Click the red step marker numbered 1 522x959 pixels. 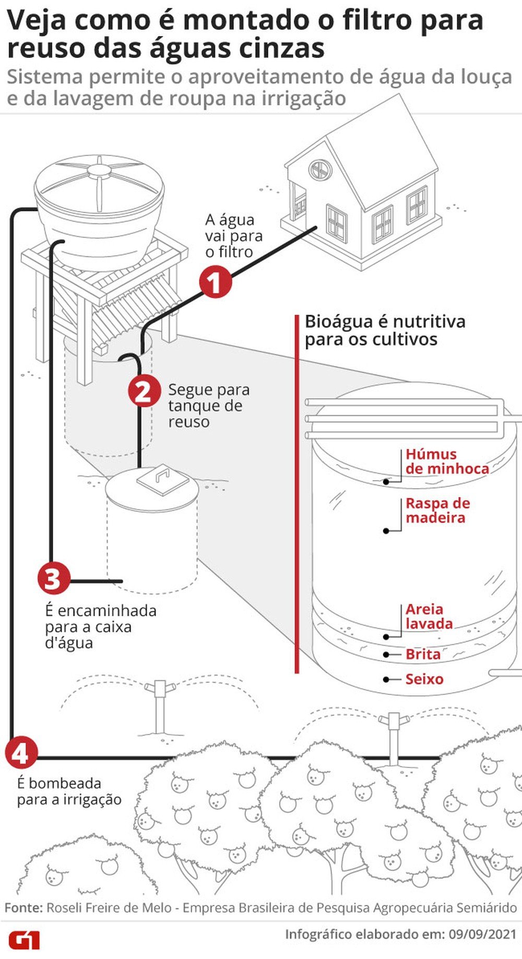click(x=215, y=282)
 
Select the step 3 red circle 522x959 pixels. click(x=54, y=578)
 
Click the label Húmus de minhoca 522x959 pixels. click(x=447, y=461)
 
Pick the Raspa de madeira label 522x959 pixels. click(x=437, y=511)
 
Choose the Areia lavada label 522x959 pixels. click(x=429, y=617)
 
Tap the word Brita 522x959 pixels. click(x=423, y=654)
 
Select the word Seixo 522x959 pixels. click(x=424, y=679)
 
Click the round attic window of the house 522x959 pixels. click(x=320, y=169)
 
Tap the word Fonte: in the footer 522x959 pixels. click(x=23, y=907)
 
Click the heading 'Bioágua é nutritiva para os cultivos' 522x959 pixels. click(x=385, y=330)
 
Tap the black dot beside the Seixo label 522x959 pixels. click(x=386, y=679)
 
